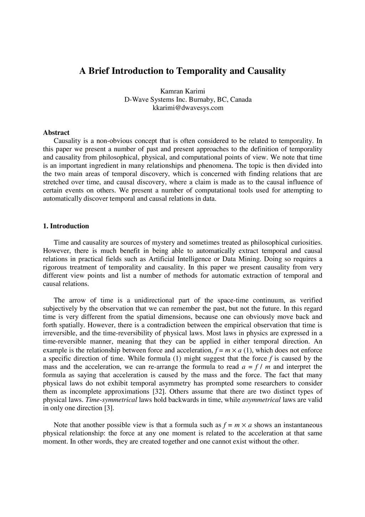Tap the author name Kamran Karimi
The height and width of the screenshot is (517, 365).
[182, 91]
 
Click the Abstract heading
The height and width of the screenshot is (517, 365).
[56, 133]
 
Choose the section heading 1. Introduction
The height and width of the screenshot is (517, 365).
[66, 226]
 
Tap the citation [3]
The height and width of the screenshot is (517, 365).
[109, 408]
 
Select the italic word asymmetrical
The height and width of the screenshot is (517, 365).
[262, 400]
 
